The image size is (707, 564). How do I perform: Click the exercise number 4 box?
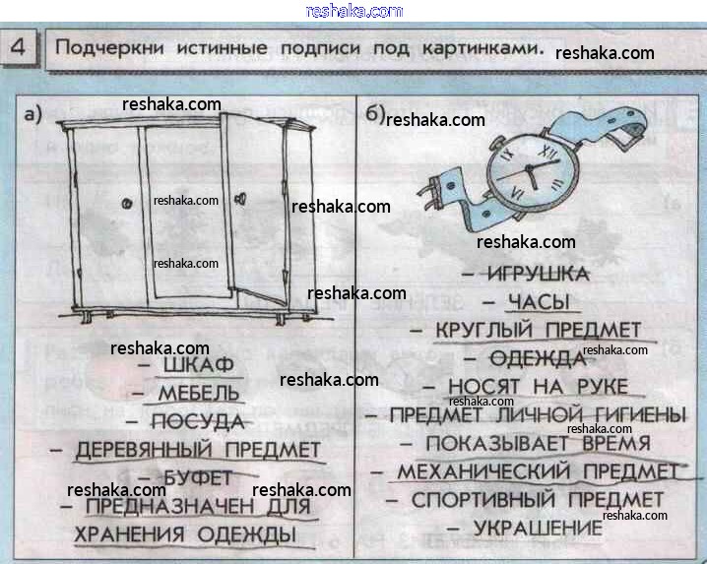click(21, 47)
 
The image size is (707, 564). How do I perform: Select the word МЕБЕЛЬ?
click(198, 394)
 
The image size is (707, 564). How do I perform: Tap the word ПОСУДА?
click(197, 422)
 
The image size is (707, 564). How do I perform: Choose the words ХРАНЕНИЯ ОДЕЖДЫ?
click(185, 534)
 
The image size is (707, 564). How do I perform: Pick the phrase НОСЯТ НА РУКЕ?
click(538, 387)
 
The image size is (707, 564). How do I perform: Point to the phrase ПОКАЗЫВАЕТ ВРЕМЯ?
click(538, 444)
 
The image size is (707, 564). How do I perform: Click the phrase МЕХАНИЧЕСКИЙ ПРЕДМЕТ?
click(538, 472)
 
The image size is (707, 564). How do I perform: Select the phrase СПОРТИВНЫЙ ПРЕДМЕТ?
click(538, 500)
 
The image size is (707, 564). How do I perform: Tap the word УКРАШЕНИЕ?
click(538, 529)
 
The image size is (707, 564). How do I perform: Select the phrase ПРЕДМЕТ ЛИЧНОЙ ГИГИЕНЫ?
click(538, 415)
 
